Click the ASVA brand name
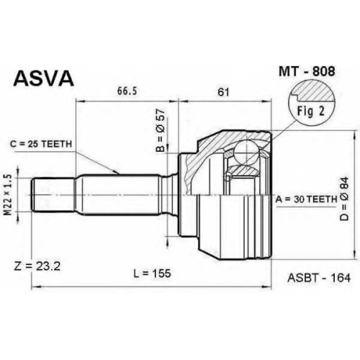43,78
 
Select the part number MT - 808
307,71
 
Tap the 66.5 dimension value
127,91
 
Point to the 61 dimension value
223,92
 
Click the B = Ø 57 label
161,130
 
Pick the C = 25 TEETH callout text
41,144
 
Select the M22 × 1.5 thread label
9,195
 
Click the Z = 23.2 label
37,266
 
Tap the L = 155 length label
152,273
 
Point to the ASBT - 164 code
319,278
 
